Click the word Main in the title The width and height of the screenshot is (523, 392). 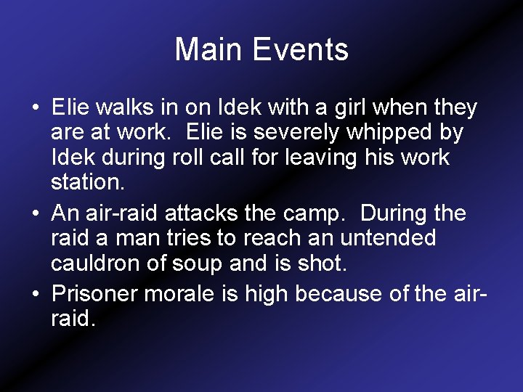(x=209, y=50)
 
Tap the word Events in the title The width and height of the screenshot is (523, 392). (x=300, y=50)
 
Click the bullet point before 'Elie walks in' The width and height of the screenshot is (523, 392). (x=36, y=109)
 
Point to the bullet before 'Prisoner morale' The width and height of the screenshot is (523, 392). (x=36, y=295)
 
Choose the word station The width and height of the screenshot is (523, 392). (x=88, y=182)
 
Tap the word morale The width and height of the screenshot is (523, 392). (x=185, y=294)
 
